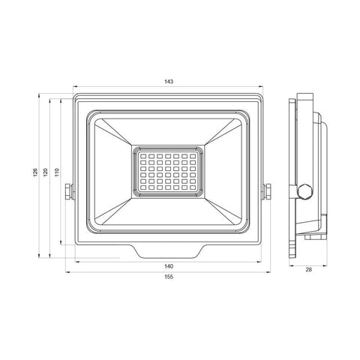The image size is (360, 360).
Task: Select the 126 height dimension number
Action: tap(35, 172)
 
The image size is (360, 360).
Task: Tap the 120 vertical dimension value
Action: tap(46, 172)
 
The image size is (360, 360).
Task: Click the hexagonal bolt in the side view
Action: tap(304, 190)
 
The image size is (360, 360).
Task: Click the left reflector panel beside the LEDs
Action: tap(112, 172)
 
